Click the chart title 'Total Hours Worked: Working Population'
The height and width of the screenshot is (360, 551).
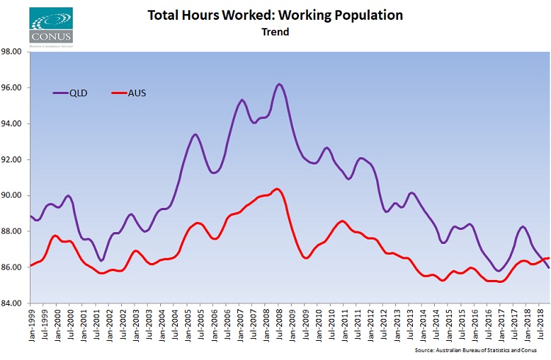[x=275, y=15]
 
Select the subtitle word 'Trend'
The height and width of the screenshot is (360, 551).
[x=275, y=32]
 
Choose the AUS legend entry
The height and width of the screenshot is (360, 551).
[x=134, y=93]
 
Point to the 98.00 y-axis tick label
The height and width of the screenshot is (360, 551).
[x=15, y=52]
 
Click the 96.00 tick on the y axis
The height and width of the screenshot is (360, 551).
[x=15, y=88]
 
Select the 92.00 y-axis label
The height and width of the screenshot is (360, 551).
[x=15, y=159]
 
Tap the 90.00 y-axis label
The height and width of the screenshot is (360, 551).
[x=15, y=195]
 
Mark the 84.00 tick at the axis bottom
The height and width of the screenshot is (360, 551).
[x=15, y=303]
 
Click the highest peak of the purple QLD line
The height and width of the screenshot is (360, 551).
[x=279, y=84]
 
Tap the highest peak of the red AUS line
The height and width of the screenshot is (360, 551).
[x=276, y=189]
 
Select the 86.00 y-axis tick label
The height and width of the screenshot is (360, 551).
[x=15, y=267]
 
